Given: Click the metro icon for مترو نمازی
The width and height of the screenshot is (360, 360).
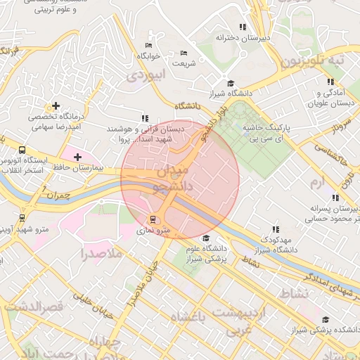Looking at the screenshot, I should (153, 220).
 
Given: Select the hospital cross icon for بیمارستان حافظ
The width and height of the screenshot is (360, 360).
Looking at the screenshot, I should (77, 156).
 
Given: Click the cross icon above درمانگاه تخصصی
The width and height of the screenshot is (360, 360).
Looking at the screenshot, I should (56, 105).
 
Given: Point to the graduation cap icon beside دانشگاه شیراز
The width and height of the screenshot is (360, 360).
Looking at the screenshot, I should (231, 82).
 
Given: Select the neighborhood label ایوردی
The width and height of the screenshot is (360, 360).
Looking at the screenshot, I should (148, 73).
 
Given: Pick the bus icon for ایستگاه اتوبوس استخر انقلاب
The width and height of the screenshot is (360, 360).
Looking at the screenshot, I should (22, 150).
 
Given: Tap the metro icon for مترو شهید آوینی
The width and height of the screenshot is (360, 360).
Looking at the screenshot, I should (22, 218).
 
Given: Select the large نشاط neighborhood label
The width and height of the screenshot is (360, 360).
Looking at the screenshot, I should (293, 292).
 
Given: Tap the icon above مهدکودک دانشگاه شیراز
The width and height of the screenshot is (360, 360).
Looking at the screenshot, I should (276, 229).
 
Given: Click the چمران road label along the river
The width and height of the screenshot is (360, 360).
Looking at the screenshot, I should (63, 195).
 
